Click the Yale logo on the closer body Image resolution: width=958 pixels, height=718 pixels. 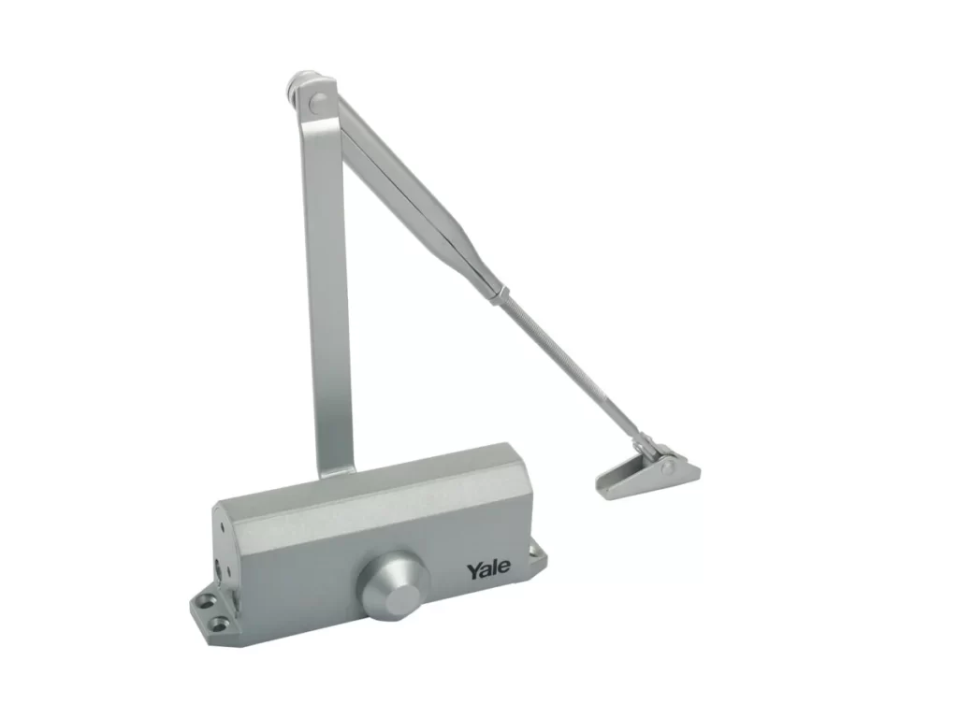tap(488, 569)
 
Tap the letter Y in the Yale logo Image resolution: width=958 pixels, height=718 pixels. tap(473, 571)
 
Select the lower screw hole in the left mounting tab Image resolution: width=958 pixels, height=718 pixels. tap(219, 624)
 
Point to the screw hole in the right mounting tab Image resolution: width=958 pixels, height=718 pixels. tap(536, 553)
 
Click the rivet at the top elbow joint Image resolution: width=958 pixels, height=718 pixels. tap(318, 101)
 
